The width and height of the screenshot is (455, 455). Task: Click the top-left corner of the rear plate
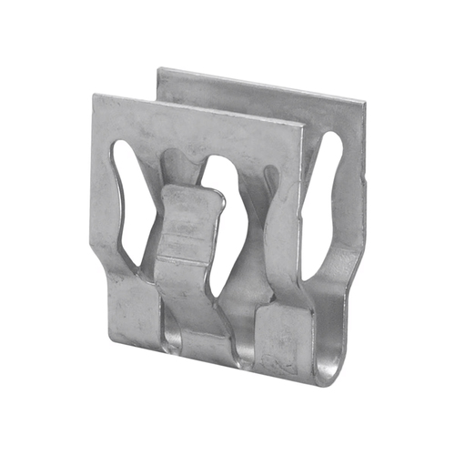tap(158, 69)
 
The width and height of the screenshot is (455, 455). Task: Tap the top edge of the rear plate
tap(264, 84)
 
